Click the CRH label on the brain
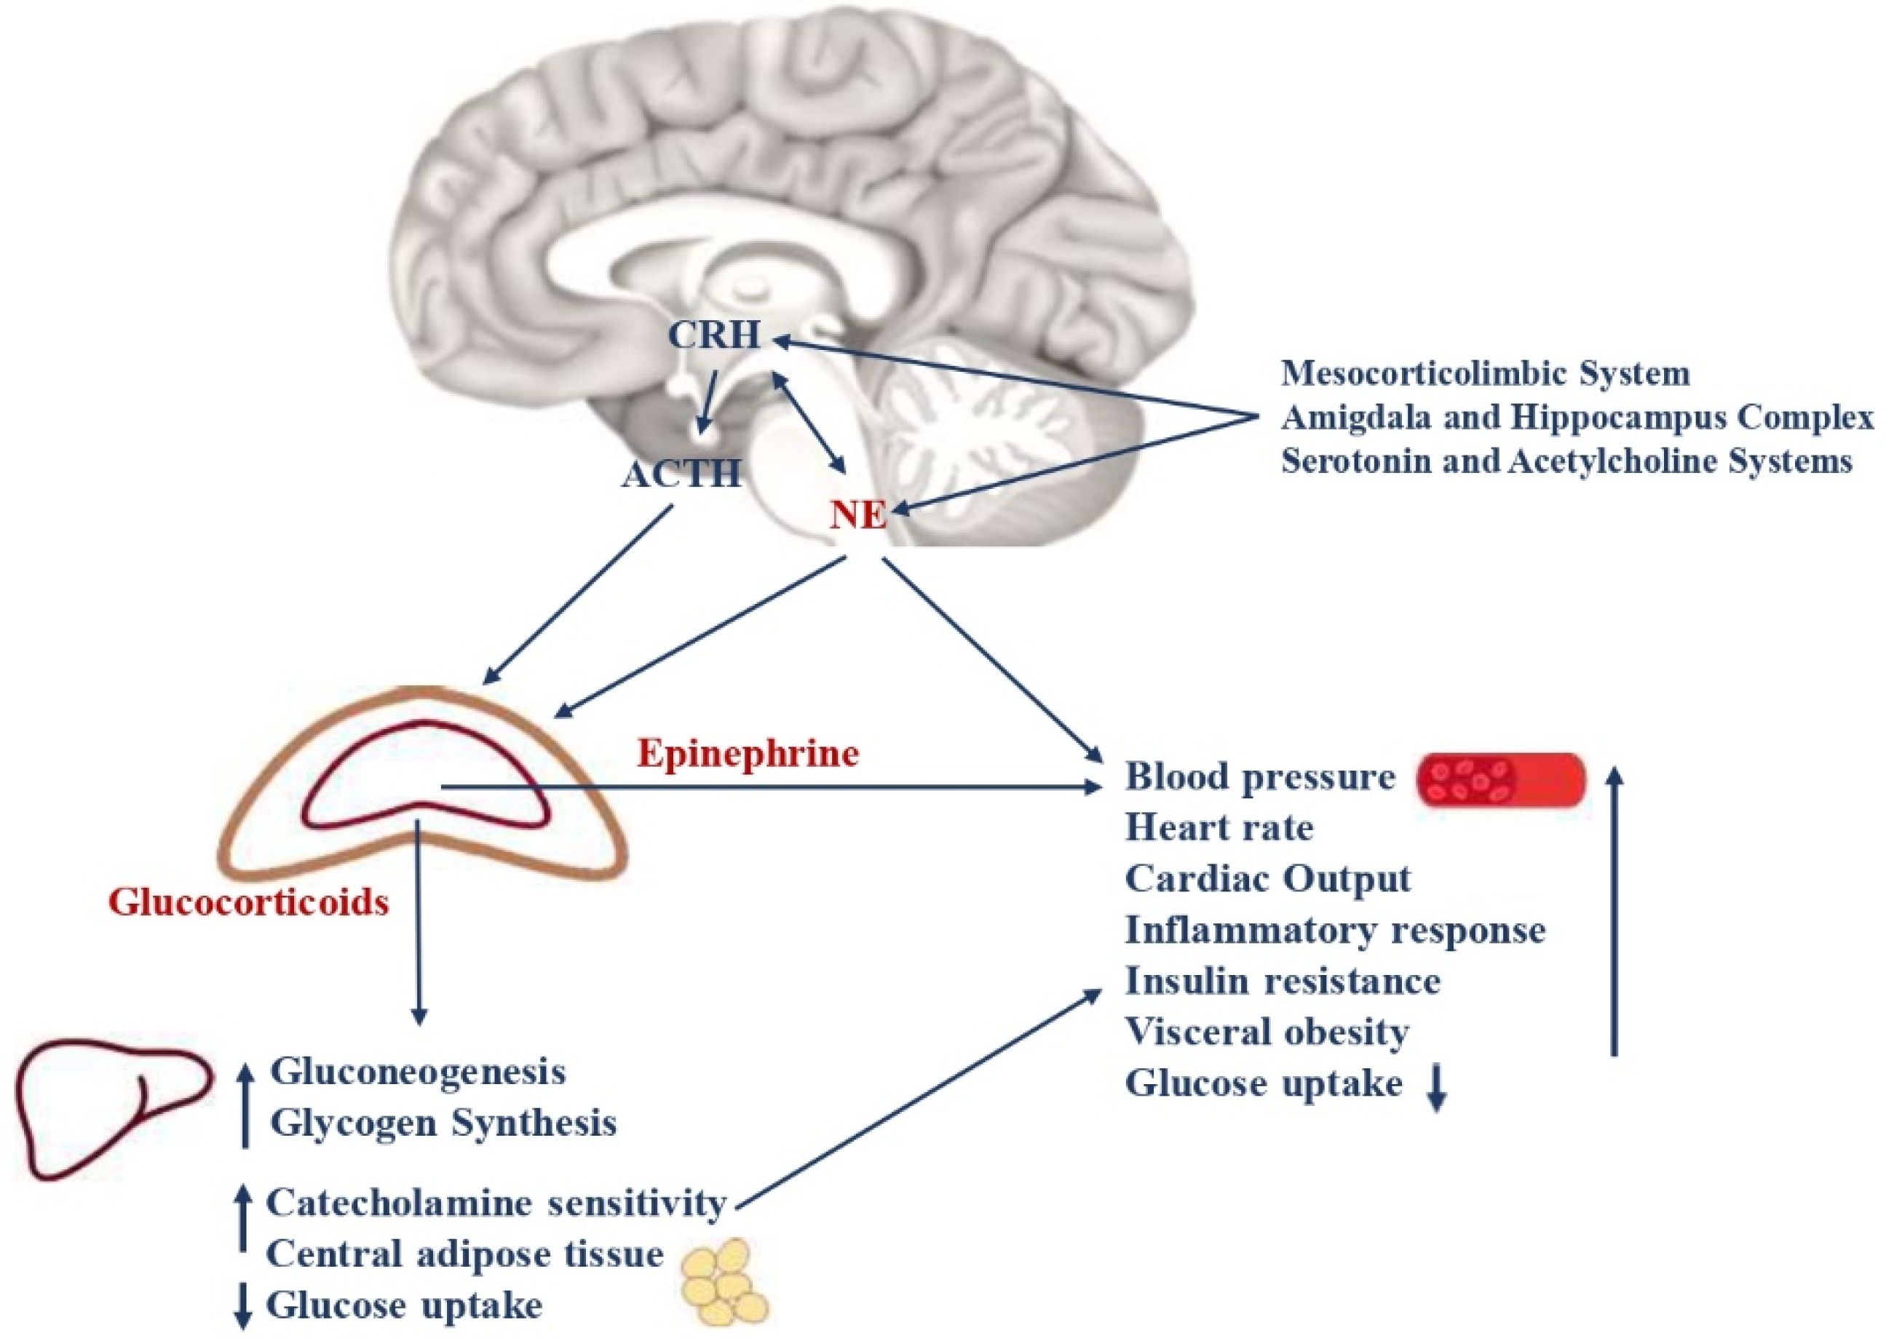pos(714,335)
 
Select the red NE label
pos(858,515)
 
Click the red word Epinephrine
pos(748,754)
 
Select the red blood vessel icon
pos(1500,779)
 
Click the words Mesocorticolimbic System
pos(1484,373)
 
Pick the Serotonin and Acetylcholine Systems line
pos(1566,461)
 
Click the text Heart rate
pos(1219,827)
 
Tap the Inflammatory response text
pos(1334,930)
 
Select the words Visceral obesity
pos(1267,1031)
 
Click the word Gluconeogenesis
pos(418,1072)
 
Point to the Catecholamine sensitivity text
pos(496,1202)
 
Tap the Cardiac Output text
pos(1267,878)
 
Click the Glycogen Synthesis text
pos(443,1123)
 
